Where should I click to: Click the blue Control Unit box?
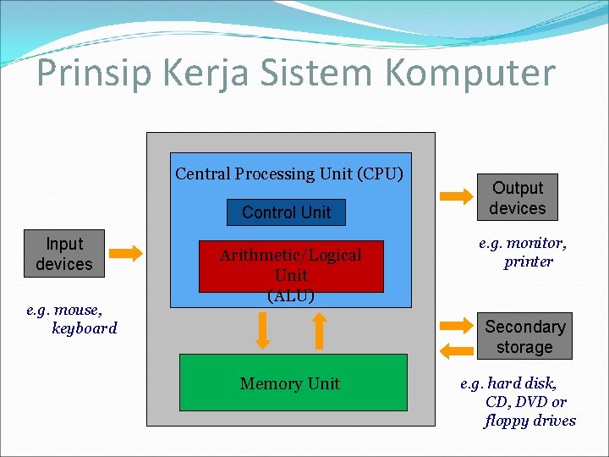pos(286,212)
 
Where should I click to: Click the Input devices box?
pos(64,254)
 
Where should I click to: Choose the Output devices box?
pos(518,198)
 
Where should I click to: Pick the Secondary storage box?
pos(524,337)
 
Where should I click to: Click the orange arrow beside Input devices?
pos(128,253)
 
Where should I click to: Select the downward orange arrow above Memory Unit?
pos(263,330)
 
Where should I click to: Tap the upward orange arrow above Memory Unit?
pos(319,330)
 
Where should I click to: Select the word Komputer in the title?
pos(470,74)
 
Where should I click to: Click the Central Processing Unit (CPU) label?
pos(289,174)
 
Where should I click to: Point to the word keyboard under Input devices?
pos(85,328)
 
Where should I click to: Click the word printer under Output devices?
pos(529,262)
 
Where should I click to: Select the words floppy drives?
pos(530,421)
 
